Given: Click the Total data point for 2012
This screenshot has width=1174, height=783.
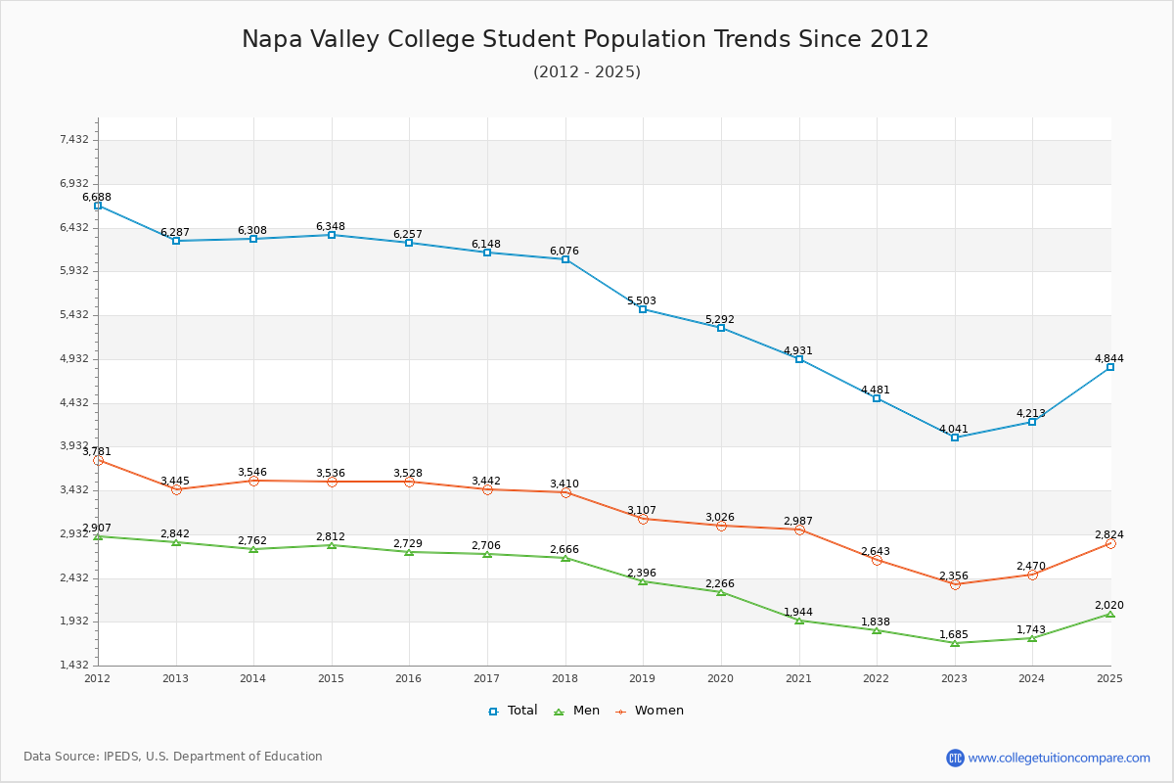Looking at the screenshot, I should point(98,206).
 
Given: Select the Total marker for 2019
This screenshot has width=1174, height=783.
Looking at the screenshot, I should point(643,309).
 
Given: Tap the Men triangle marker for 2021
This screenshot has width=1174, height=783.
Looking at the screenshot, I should point(799,621).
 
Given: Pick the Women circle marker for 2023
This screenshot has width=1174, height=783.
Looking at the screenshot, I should point(955,584).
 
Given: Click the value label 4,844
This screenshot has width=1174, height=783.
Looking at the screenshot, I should point(1108,358).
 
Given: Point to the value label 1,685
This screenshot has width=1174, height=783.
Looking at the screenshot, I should point(954,634).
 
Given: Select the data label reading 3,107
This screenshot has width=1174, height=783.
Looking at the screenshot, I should point(643,510).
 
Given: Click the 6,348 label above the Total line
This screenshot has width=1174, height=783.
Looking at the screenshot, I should point(331,226).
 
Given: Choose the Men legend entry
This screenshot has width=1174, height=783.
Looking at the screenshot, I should point(577,711).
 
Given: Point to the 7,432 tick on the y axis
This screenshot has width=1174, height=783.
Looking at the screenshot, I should point(73,140).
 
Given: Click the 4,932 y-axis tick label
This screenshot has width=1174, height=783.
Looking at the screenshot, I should point(73,359).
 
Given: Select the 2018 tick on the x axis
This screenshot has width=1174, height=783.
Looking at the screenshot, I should point(564,677).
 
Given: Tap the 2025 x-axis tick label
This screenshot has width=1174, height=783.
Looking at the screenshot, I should point(1109,677).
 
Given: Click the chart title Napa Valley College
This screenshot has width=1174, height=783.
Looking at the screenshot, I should point(585,39).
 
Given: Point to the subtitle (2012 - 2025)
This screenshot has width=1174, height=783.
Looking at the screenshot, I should point(586,71).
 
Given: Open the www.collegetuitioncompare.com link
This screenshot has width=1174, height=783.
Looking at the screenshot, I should point(1059,758).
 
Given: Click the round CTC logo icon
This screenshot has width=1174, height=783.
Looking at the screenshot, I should point(955,758).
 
